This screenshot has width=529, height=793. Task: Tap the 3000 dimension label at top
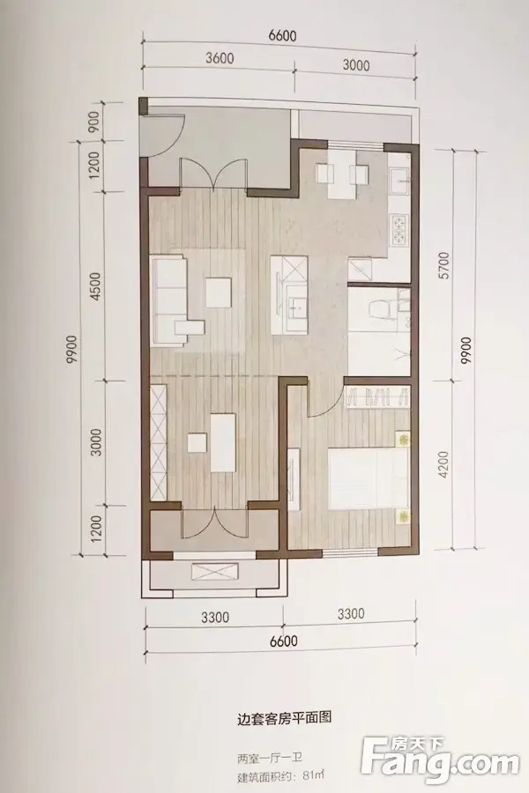coord(356,64)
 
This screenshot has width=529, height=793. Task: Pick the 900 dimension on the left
coord(97,119)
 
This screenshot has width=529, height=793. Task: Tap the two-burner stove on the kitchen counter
coord(399,228)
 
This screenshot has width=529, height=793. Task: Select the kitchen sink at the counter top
coord(400,177)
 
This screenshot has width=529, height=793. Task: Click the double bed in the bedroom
coord(368,479)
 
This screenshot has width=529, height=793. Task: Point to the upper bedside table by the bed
coord(402,439)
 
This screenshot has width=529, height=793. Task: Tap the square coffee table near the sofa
coord(220,293)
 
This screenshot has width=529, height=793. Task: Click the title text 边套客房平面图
coord(284,717)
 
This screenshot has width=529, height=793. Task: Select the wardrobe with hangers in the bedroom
coord(377,396)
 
